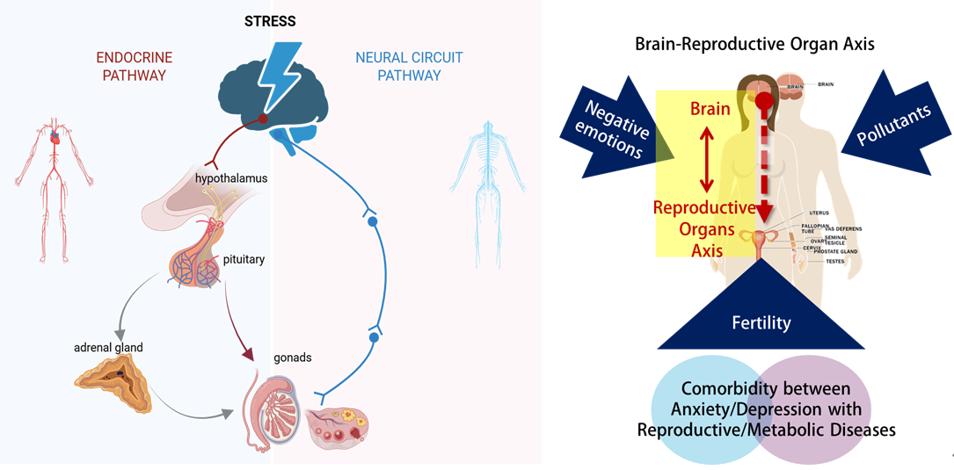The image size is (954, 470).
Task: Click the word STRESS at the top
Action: tap(271, 19)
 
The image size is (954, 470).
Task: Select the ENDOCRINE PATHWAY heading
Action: tap(134, 67)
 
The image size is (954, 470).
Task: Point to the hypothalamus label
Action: tap(231, 178)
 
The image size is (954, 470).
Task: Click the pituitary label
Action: tap(244, 259)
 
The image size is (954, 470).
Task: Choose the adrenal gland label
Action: tap(108, 347)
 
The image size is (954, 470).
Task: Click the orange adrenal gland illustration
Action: tap(112, 385)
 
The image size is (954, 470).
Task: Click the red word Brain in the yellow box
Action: tap(710, 110)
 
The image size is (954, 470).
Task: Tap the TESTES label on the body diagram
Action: tap(834, 261)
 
